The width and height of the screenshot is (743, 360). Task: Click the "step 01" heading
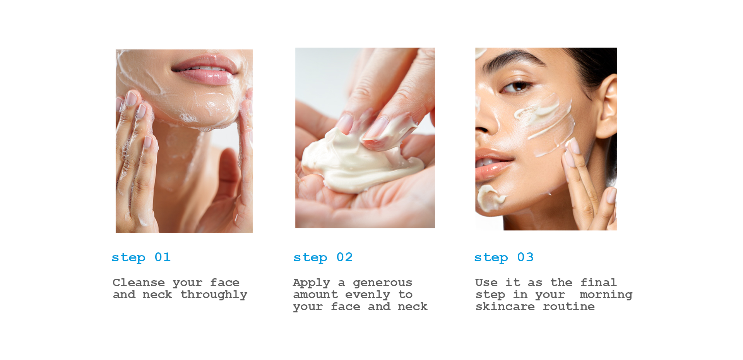pos(141,257)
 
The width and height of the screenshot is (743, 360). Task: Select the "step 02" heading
pos(323,257)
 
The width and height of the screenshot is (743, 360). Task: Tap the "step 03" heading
pos(504,257)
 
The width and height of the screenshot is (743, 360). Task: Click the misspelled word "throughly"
pos(214,295)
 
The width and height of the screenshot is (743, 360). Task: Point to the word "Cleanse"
pos(139,282)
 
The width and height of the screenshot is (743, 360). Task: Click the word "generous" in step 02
pos(383,283)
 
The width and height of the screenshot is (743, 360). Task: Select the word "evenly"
pos(368,295)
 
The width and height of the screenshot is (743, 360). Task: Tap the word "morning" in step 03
pos(606,295)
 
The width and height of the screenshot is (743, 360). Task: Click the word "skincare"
pos(505,307)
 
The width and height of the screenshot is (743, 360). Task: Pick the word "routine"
pos(569,307)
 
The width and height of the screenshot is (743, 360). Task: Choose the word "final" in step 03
pos(598,282)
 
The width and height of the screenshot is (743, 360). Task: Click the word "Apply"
pos(312,283)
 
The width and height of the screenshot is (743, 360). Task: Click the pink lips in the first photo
pos(205,70)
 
